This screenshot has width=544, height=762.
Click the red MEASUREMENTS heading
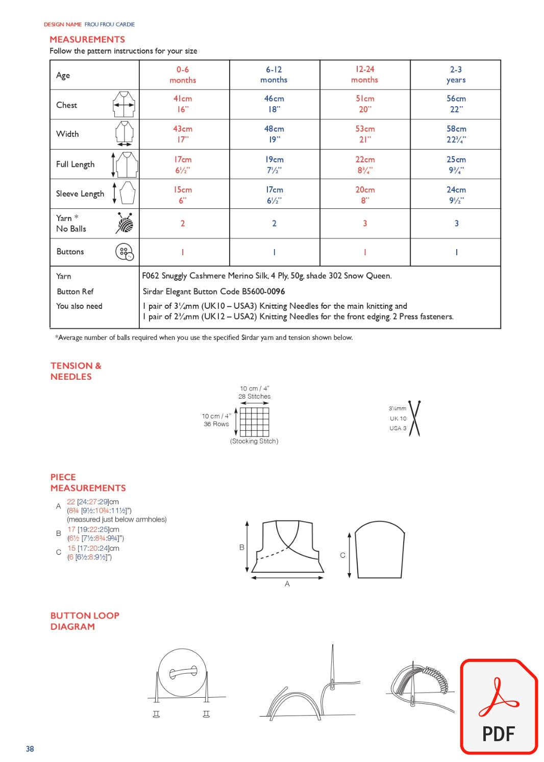coord(87,39)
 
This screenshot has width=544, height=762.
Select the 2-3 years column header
coord(456,75)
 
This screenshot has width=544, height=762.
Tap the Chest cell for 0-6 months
coord(183,104)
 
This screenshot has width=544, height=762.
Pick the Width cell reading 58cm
coord(456,134)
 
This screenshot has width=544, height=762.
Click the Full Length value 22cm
coord(365,164)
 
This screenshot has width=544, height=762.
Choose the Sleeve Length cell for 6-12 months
coord(274,194)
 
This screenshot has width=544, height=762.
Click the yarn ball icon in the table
coord(125,223)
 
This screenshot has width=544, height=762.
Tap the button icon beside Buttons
coord(125,252)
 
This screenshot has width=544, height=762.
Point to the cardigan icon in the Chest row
coord(124,105)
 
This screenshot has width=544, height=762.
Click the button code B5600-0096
coord(263,291)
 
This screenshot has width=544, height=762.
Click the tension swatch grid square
coord(254,422)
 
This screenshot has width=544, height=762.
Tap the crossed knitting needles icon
coord(415,419)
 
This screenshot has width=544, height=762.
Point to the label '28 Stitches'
coord(254,397)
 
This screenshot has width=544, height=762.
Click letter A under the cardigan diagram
coord(287,584)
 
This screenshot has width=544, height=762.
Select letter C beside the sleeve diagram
coord(342,555)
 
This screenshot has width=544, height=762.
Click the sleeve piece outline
coord(380,551)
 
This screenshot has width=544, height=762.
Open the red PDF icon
coord(499,707)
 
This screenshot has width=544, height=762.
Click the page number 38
coord(30,749)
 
